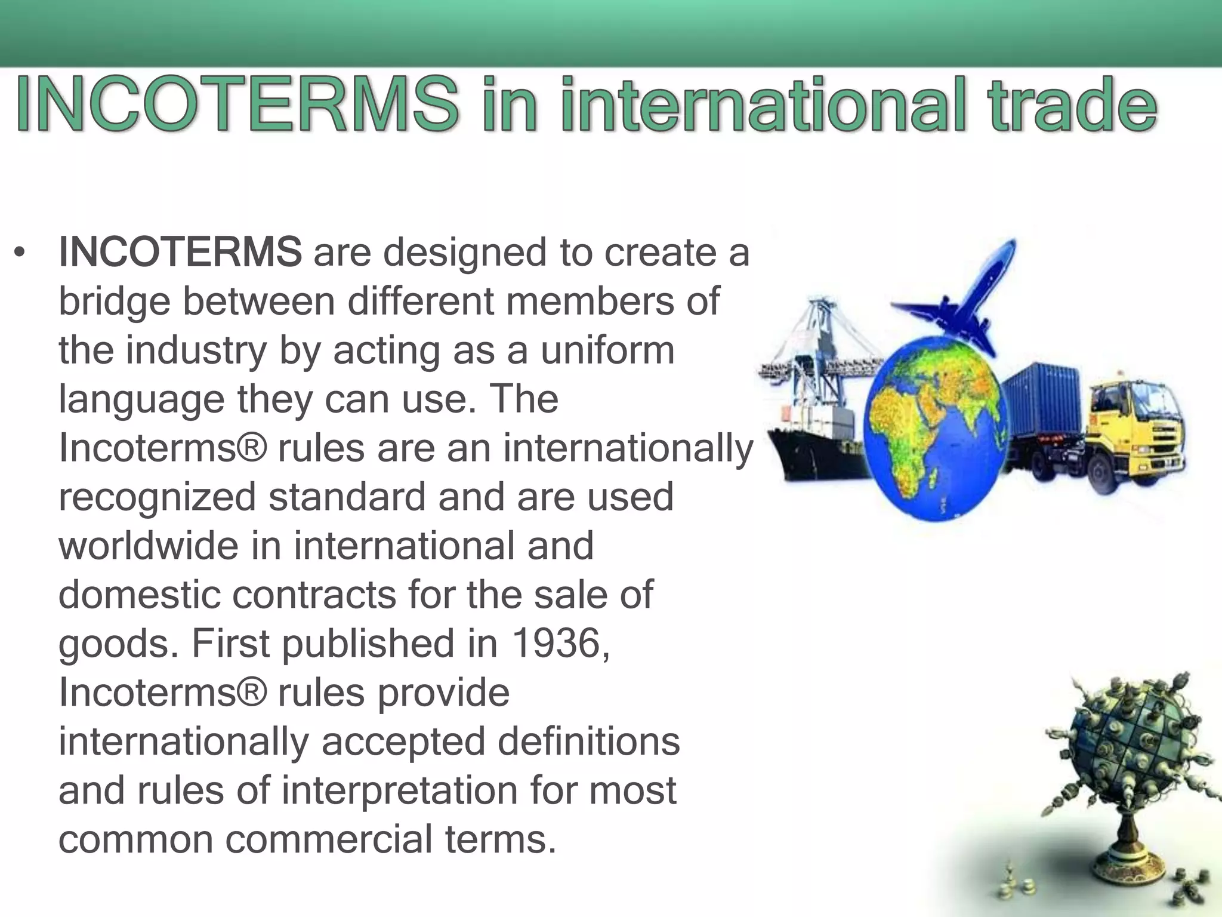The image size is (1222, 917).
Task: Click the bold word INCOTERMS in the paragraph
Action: [x=180, y=253]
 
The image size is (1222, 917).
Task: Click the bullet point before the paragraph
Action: [x=20, y=254]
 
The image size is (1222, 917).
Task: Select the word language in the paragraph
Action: [x=141, y=401]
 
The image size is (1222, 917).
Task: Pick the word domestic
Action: [x=139, y=595]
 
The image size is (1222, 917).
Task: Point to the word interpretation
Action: [x=400, y=790]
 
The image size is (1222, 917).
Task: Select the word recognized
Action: [x=158, y=497]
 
